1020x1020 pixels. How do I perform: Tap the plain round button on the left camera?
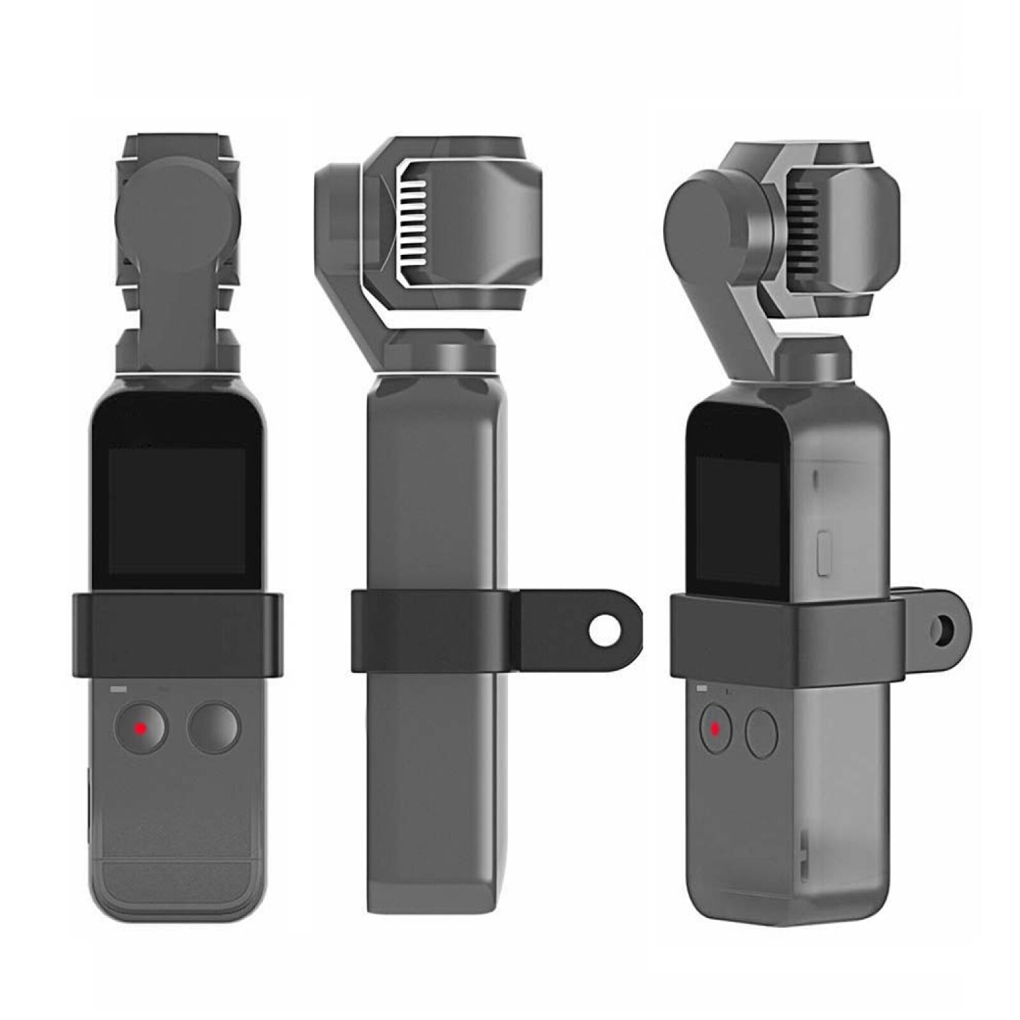214,728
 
